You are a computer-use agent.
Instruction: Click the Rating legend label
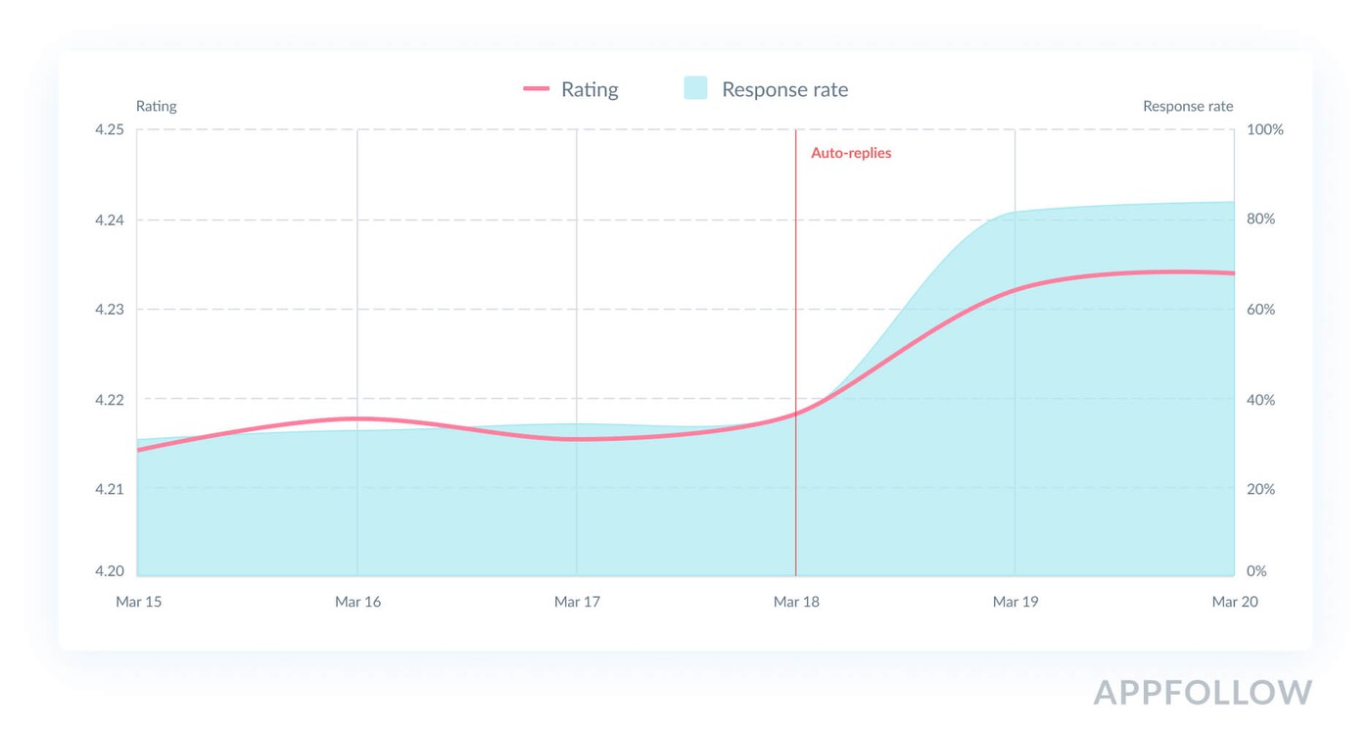590,89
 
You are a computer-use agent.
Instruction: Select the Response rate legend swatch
695,88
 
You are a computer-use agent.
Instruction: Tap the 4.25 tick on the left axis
109,130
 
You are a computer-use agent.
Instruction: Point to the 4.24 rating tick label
109,220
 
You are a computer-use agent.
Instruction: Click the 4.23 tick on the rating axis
109,310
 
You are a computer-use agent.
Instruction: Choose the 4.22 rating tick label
109,400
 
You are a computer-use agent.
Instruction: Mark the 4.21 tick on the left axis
109,489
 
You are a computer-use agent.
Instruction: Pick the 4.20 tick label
109,571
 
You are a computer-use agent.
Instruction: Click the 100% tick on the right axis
1264,130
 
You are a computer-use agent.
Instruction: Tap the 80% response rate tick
1261,220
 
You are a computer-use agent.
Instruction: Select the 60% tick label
1261,310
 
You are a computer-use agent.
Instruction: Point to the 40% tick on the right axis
1261,400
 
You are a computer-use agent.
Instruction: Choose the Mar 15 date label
139,602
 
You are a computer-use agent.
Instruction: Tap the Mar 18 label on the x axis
796,602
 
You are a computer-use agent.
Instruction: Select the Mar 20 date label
1235,602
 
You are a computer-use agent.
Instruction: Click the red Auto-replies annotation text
851,153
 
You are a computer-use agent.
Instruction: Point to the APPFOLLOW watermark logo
1203,692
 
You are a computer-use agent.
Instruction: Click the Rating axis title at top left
156,106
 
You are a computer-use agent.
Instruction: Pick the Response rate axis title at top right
1188,106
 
